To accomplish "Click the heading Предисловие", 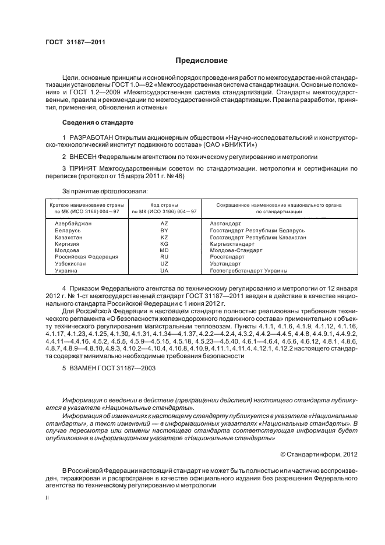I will tap(202, 60).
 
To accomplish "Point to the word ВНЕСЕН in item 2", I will tap(83, 157).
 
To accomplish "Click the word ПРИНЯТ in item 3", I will tap(83, 168).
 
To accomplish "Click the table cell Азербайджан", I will tap(73, 224).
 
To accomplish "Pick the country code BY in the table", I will tap(164, 231).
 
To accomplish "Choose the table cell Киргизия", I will tap(68, 244).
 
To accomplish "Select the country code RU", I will tap(164, 257).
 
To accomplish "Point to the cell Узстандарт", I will tap(225, 264).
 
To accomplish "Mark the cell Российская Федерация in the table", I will tap(87, 257).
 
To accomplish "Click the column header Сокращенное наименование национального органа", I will tap(278, 206).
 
